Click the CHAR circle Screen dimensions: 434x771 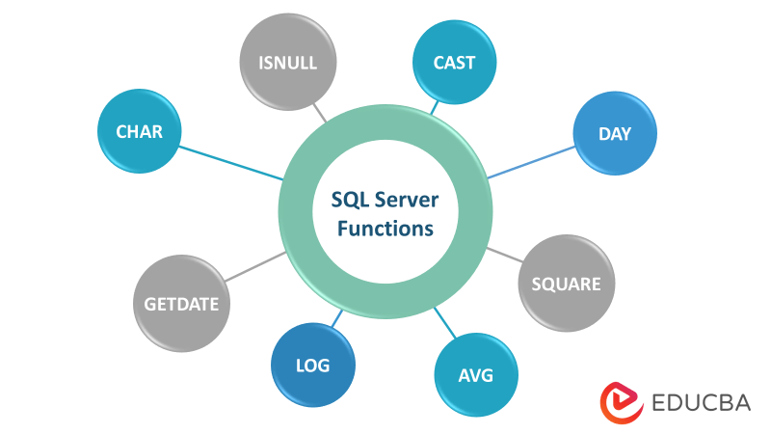coord(141,132)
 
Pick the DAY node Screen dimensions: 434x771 coord(614,134)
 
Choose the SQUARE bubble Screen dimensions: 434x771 coord(566,284)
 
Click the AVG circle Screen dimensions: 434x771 coord(475,374)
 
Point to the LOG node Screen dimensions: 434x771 coord(313,366)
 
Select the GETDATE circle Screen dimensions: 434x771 coord(181,305)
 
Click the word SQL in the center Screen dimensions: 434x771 coord(349,201)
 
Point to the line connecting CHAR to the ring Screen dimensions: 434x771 coord(231,162)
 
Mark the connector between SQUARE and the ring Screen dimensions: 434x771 coord(503,256)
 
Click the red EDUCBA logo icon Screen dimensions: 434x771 coord(621,402)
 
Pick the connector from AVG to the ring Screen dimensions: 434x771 coord(445,321)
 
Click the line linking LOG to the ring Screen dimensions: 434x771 coord(334,320)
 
